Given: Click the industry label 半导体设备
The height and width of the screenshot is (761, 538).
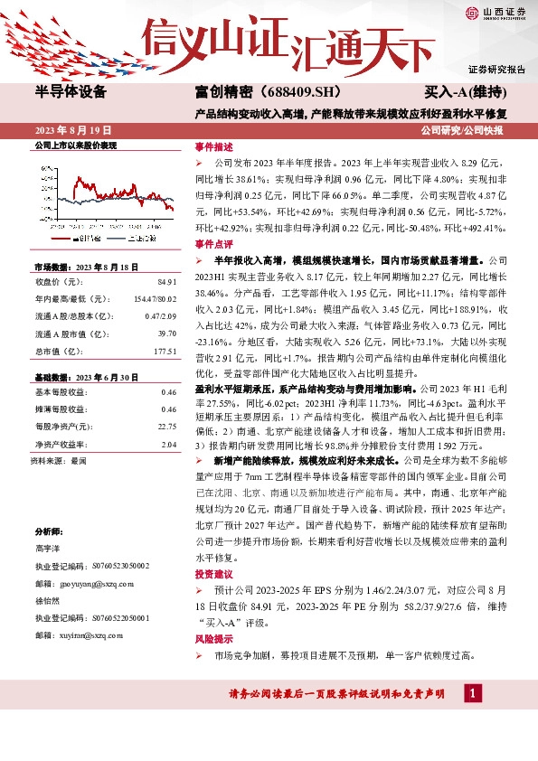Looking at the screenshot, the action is pos(71,92).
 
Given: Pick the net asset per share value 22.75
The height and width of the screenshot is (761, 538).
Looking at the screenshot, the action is pos(166,427).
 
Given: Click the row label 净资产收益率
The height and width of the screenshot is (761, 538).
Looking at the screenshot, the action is pos(58,445).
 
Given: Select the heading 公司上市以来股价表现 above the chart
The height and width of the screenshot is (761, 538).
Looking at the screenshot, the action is pos(76,145).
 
